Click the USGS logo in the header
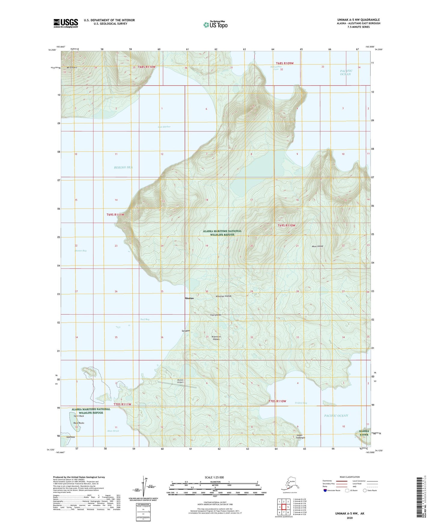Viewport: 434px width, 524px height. click(x=65, y=23)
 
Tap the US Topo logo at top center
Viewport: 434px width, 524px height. click(x=215, y=24)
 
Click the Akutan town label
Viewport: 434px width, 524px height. click(x=189, y=298)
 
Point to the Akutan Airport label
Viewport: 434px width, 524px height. click(x=180, y=381)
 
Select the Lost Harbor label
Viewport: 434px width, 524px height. click(x=164, y=127)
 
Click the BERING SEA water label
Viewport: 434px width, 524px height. click(x=123, y=167)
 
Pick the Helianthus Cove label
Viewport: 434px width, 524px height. click(x=275, y=68)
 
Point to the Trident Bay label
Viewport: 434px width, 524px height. click(x=301, y=403)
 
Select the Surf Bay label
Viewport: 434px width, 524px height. click(x=145, y=319)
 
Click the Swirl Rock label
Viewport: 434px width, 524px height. click(x=79, y=416)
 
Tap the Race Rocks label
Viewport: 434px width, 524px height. click(x=79, y=423)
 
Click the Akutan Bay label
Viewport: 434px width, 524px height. click(x=80, y=251)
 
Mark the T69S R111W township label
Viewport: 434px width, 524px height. click(x=115, y=215)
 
